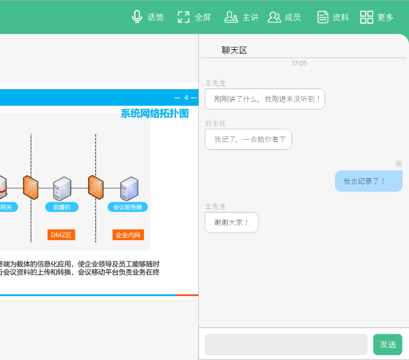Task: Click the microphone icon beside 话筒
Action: tap(137, 17)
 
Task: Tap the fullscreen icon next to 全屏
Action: tap(183, 17)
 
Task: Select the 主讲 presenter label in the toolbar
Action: tap(251, 17)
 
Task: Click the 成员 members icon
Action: tap(274, 17)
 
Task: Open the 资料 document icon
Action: tap(323, 17)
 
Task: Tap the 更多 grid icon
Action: tap(366, 17)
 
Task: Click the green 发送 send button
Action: tap(387, 344)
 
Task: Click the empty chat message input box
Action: tap(286, 344)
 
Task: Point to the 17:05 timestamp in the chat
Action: tap(299, 63)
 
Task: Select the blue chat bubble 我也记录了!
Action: tap(369, 181)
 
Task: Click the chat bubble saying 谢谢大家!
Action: tap(232, 222)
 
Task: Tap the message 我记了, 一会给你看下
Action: tap(248, 140)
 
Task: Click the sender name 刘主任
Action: tap(215, 123)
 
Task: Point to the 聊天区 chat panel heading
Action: tap(234, 51)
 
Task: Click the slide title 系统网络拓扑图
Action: tap(155, 114)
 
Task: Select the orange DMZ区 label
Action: tap(61, 235)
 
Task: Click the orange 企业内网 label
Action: tap(128, 235)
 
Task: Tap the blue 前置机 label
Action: tap(62, 207)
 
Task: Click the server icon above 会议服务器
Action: tap(130, 188)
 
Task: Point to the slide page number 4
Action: tap(186, 98)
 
